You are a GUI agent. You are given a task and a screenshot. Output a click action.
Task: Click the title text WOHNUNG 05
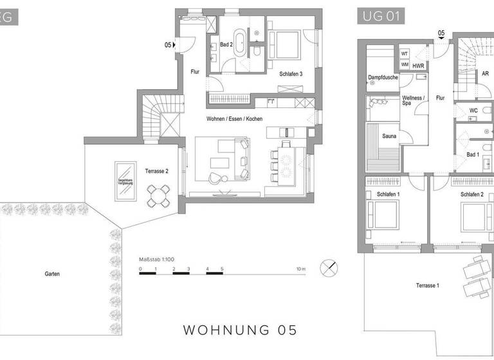pyautogui.click(x=241, y=330)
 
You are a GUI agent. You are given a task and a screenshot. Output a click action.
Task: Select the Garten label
pyautogui.click(x=52, y=274)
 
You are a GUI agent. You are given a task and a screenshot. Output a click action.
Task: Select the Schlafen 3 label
pyautogui.click(x=291, y=75)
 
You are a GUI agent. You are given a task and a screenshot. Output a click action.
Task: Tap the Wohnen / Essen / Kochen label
pyautogui.click(x=234, y=120)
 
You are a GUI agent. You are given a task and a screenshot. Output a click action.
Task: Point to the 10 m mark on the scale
pyautogui.click(x=300, y=268)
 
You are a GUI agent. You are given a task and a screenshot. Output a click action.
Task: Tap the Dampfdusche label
pyautogui.click(x=381, y=78)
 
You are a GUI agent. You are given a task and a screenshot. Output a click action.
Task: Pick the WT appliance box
pyautogui.click(x=405, y=54)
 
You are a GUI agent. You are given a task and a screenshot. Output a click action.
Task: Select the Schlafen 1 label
pyautogui.click(x=388, y=194)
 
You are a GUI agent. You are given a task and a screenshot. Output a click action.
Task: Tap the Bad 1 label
pyautogui.click(x=472, y=154)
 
